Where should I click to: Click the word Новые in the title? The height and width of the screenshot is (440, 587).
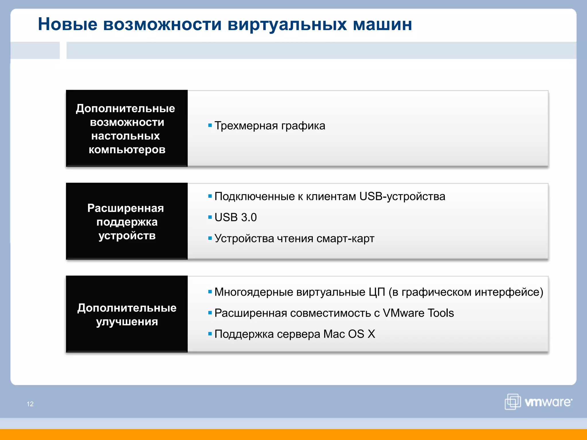68,24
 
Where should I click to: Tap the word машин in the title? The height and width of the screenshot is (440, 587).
382,24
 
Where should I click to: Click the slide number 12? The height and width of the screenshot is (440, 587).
30,404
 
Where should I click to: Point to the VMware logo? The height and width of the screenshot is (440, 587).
538,402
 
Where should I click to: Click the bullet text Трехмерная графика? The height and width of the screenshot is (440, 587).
270,126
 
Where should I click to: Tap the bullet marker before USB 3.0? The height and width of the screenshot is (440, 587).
210,217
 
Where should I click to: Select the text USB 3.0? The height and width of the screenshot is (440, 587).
236,217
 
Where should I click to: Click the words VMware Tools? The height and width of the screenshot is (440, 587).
418,313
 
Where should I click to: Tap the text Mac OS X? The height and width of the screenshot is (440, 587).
349,334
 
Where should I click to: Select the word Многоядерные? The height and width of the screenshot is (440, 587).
254,292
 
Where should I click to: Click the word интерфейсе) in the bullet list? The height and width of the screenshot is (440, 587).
509,292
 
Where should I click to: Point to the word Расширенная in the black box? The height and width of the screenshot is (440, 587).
126,208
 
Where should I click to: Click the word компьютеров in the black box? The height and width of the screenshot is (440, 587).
127,150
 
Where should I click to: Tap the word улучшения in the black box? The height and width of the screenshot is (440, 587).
127,322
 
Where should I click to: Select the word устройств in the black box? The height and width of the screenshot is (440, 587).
127,236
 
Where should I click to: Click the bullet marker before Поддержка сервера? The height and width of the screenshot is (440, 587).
210,334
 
